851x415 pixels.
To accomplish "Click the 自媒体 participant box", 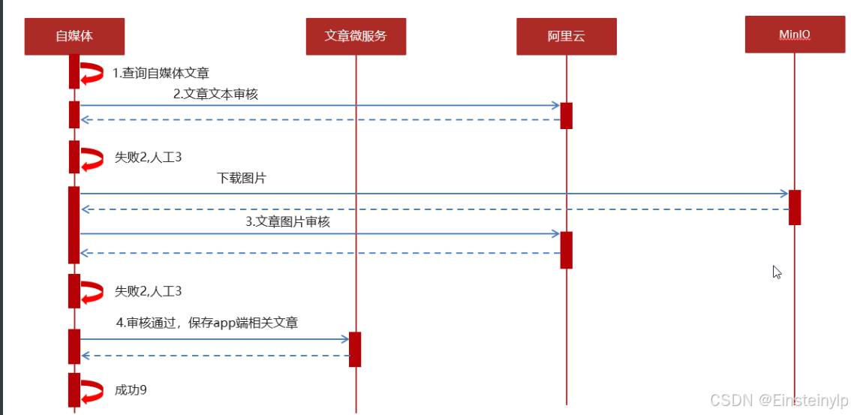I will tap(74, 36).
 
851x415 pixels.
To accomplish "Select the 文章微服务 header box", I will tap(356, 36).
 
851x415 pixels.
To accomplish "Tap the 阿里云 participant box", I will tap(566, 36).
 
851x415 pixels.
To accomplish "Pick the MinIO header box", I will tap(795, 35).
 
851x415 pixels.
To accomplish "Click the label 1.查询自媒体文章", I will tap(161, 74).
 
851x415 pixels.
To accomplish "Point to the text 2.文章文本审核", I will tap(215, 94).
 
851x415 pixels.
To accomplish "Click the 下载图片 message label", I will tap(242, 179).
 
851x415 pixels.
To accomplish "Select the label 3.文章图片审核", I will tap(287, 221).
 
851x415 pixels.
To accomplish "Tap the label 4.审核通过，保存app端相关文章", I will tap(206, 323).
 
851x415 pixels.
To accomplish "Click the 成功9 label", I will tap(131, 390).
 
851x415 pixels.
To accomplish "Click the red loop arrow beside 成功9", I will tap(92, 392).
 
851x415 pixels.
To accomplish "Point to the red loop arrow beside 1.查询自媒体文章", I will tap(92, 74).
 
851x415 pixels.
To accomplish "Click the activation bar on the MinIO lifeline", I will tap(795, 207).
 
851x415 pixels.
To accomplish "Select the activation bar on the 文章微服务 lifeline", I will tap(355, 349).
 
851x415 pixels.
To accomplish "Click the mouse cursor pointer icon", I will tap(777, 272).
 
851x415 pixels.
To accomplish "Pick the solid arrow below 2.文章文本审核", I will tap(320, 106).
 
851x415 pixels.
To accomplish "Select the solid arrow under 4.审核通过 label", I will tap(215, 339).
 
